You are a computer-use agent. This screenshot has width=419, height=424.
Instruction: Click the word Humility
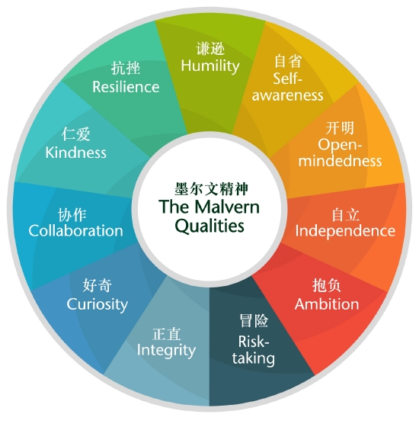(x=210, y=66)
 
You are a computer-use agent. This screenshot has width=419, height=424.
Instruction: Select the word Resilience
(x=126, y=87)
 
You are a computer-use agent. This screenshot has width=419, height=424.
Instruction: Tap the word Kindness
(x=76, y=153)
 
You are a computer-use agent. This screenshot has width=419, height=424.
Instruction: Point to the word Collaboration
(x=76, y=230)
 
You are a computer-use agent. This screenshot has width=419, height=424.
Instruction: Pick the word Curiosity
(x=98, y=305)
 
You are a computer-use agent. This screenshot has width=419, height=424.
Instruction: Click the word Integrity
(x=166, y=351)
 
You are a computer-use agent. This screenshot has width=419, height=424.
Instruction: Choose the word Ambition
(x=327, y=304)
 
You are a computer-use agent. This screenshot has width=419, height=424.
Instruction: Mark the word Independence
(x=345, y=231)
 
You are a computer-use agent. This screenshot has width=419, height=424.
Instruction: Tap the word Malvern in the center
(x=227, y=207)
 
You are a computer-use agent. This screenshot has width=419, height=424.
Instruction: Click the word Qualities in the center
(x=209, y=226)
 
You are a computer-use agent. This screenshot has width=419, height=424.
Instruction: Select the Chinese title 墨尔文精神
(x=211, y=188)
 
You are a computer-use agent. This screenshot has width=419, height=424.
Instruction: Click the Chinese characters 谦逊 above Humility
(x=210, y=49)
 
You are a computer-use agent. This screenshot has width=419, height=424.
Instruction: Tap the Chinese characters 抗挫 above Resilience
(x=126, y=68)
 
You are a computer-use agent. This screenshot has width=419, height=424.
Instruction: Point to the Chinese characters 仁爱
(x=75, y=134)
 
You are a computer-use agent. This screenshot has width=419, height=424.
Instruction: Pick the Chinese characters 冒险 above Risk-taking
(x=254, y=321)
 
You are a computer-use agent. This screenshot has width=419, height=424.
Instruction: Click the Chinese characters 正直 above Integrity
(x=166, y=334)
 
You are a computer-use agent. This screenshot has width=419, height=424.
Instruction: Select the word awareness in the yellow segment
(x=287, y=95)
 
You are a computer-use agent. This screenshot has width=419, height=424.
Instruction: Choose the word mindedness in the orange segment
(x=340, y=161)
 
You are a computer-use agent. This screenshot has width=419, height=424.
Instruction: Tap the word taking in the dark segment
(x=254, y=358)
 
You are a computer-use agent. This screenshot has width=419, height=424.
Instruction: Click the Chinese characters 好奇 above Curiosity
(x=98, y=285)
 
